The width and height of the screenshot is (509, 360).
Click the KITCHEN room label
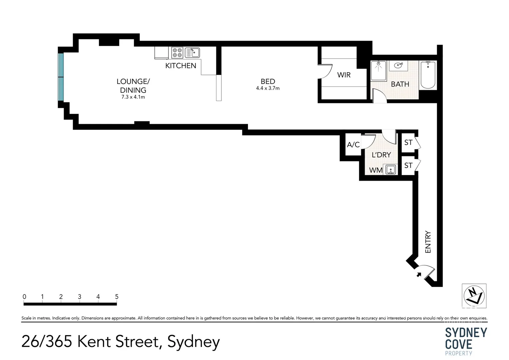pyautogui.click(x=181, y=66)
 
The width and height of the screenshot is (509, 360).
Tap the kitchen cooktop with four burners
pyautogui.click(x=177, y=53)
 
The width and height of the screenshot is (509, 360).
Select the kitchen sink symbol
pyautogui.click(x=192, y=53)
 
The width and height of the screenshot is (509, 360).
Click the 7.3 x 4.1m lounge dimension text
pyautogui.click(x=133, y=97)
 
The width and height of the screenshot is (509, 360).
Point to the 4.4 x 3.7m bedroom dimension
pyautogui.click(x=268, y=88)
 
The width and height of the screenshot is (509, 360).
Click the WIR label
pyautogui.click(x=344, y=75)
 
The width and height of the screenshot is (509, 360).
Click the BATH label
pyautogui.click(x=400, y=84)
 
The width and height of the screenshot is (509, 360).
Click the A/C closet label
pyautogui.click(x=353, y=145)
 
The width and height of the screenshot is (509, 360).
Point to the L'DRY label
pyautogui.click(x=381, y=155)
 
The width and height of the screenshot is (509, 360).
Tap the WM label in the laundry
pyautogui.click(x=376, y=170)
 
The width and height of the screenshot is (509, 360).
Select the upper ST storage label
pyautogui.click(x=408, y=143)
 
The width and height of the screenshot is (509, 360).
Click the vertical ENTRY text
pyautogui.click(x=428, y=242)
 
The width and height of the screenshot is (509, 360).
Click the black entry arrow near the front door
pyautogui.click(x=418, y=274)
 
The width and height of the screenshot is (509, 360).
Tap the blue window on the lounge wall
pyautogui.click(x=61, y=77)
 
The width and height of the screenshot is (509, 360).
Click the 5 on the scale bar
pyautogui.click(x=117, y=297)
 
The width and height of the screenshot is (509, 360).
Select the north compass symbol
pyautogui.click(x=474, y=296)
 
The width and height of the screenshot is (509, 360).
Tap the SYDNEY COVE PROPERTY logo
pyautogui.click(x=466, y=341)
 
